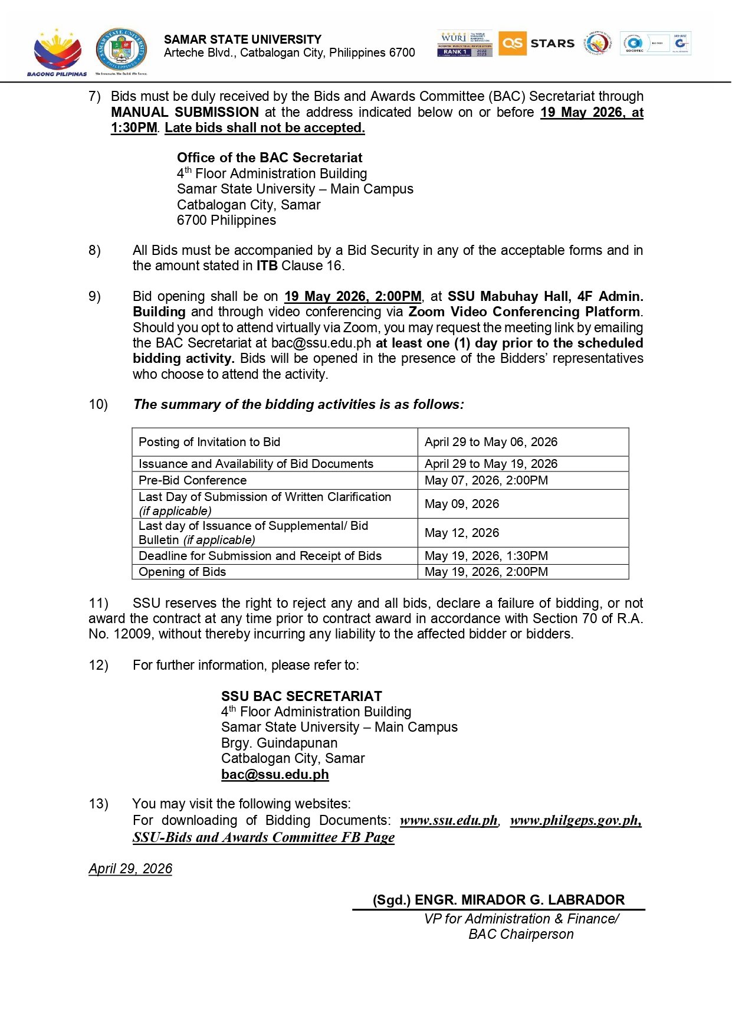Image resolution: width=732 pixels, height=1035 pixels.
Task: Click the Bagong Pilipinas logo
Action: [57, 52]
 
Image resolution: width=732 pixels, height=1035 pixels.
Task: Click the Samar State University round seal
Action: [121, 51]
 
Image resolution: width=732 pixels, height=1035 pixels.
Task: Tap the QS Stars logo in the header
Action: [536, 44]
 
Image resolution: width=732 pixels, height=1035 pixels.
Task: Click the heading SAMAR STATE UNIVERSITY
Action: [242, 40]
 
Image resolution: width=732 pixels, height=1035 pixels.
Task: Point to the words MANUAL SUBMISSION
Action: [185, 112]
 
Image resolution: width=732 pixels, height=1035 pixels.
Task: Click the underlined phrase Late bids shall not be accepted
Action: [264, 127]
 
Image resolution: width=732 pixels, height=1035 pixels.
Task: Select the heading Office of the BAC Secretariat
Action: [270, 158]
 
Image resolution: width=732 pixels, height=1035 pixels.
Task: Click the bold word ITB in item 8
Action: [267, 266]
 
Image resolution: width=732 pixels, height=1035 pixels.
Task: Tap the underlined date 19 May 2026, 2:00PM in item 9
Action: [353, 296]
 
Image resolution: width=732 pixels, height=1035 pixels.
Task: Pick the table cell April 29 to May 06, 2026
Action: [491, 442]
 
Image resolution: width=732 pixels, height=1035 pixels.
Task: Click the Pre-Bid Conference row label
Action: [192, 480]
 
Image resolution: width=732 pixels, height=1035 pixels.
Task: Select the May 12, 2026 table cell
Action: [462, 533]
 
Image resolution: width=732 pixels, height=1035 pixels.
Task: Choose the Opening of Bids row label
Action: [182, 572]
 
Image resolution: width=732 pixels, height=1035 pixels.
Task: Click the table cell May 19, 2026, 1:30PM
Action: [486, 556]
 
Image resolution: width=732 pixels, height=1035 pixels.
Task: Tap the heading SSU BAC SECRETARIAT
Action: [301, 696]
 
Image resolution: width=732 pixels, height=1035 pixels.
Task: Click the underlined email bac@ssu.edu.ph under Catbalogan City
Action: [275, 774]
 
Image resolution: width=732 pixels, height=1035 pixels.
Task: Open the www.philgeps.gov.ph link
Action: [575, 820]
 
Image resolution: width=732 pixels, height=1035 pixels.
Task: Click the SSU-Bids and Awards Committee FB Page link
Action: [264, 837]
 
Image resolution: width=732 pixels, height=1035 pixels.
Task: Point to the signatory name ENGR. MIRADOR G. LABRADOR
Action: [519, 900]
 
